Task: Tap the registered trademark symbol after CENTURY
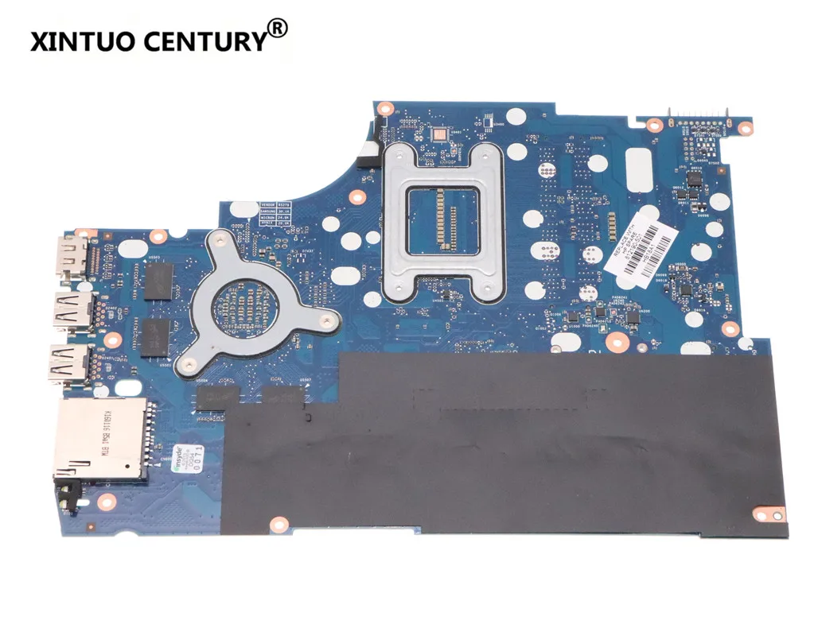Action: point(276,29)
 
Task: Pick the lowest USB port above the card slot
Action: point(70,364)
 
